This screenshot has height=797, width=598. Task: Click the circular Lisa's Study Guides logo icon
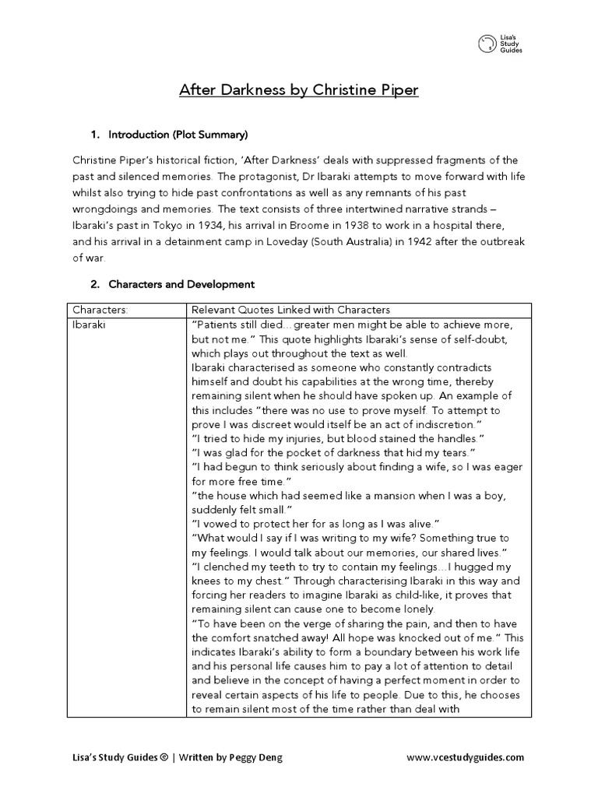tap(487, 44)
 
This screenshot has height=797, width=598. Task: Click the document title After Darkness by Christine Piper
tap(299, 90)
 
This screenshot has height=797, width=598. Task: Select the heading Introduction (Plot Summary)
tap(178, 135)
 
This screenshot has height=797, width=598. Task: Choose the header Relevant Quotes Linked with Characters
tap(290, 310)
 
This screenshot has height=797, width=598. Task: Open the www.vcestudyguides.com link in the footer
tap(466, 757)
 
